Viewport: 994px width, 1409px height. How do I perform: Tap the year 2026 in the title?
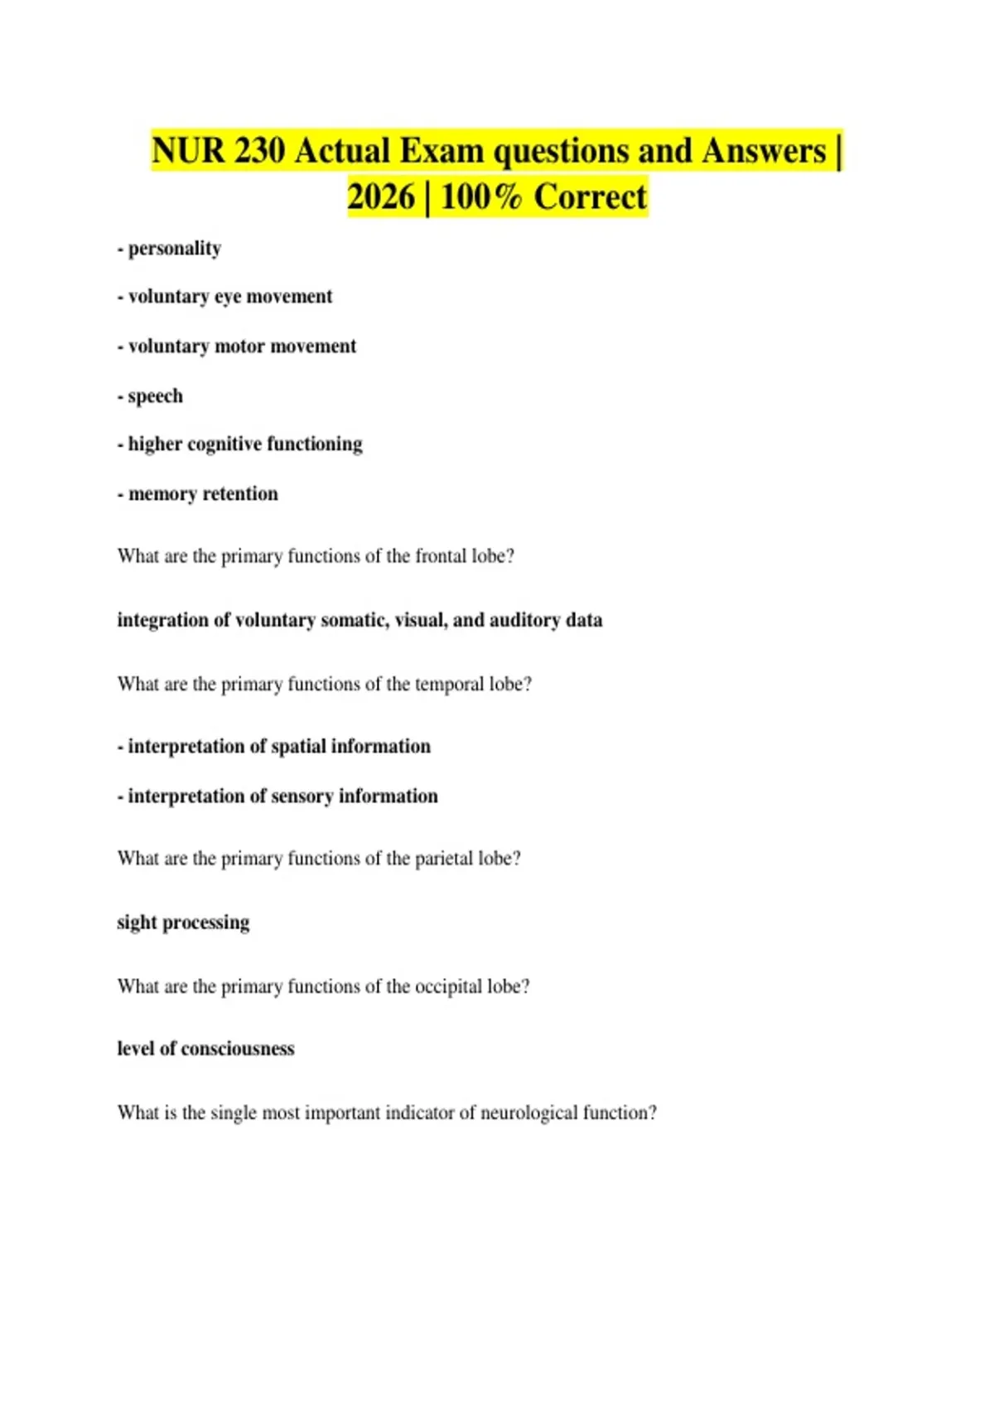[380, 198]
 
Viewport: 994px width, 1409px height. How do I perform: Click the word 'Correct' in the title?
[590, 198]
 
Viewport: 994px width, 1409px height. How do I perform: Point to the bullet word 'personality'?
[175, 249]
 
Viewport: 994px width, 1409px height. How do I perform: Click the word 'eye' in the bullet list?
[228, 297]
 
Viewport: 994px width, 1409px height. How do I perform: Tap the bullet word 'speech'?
[155, 396]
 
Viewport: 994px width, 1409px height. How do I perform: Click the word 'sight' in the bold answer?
[137, 922]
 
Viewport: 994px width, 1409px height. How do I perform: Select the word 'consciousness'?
[238, 1049]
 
